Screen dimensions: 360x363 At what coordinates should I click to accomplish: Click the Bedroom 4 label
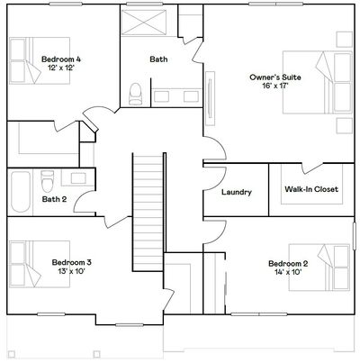(x=61, y=59)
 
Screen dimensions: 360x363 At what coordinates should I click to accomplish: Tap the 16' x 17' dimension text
(x=275, y=86)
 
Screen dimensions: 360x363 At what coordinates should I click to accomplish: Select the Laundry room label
(x=237, y=192)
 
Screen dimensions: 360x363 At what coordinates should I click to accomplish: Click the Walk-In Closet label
(x=311, y=189)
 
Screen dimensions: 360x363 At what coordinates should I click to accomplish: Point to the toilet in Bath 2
(x=48, y=181)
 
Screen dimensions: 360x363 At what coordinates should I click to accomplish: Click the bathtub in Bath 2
(x=21, y=192)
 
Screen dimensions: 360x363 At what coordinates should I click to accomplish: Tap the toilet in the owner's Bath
(x=135, y=94)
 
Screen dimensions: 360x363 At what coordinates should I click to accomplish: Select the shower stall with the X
(x=144, y=23)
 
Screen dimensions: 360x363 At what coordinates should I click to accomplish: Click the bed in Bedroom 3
(x=40, y=264)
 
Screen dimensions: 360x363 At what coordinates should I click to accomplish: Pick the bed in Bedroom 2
(x=319, y=268)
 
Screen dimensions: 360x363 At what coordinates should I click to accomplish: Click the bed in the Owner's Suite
(x=318, y=82)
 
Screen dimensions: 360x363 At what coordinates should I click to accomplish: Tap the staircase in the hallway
(x=148, y=212)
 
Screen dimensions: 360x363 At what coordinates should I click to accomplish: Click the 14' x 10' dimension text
(x=288, y=272)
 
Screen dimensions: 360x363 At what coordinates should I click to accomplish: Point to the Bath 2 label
(x=54, y=199)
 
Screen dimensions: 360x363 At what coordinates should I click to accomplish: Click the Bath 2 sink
(x=78, y=178)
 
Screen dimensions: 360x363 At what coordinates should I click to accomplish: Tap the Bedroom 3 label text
(x=72, y=262)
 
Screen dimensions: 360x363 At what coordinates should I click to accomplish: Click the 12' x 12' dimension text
(x=61, y=68)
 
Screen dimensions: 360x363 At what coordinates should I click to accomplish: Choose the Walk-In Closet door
(x=312, y=168)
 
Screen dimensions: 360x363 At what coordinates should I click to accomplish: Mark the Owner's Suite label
(x=275, y=77)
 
